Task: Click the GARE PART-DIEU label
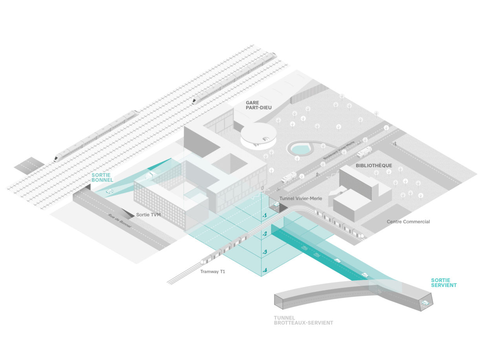pyautogui.click(x=258, y=105)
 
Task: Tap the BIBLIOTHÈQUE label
pyautogui.click(x=373, y=165)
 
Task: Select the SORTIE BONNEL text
pyautogui.click(x=102, y=177)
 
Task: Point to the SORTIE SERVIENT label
pyautogui.click(x=444, y=283)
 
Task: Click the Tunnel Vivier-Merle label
pyautogui.click(x=301, y=198)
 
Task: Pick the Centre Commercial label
pyautogui.click(x=408, y=222)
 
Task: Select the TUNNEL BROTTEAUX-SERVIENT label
pyautogui.click(x=303, y=320)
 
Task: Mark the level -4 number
pyautogui.click(x=265, y=270)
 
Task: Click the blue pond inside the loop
pyautogui.click(x=300, y=149)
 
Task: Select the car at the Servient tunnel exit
pyautogui.click(x=425, y=303)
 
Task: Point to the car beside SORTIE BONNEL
pyautogui.click(x=110, y=191)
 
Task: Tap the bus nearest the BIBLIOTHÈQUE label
pyautogui.click(x=364, y=151)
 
